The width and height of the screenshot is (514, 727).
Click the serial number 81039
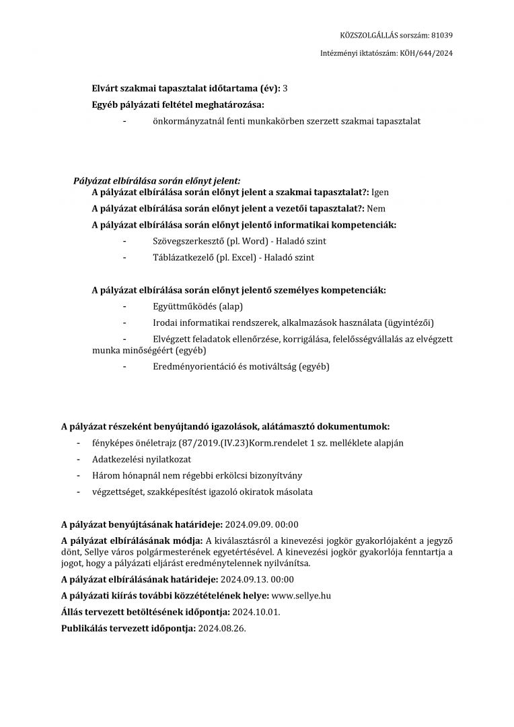coord(441,36)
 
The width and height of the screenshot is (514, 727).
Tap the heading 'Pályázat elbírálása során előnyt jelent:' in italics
coord(156,181)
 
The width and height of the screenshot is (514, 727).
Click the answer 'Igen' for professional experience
coord(380,193)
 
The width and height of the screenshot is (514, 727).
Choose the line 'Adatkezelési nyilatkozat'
coord(142,459)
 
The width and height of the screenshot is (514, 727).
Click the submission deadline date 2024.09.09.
coord(246,524)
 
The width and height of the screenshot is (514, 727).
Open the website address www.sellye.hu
coord(301,596)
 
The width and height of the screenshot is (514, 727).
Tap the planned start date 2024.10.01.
coord(256,612)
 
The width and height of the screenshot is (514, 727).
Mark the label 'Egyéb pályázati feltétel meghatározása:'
coord(178,104)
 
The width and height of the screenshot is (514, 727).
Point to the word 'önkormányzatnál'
coord(188,121)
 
